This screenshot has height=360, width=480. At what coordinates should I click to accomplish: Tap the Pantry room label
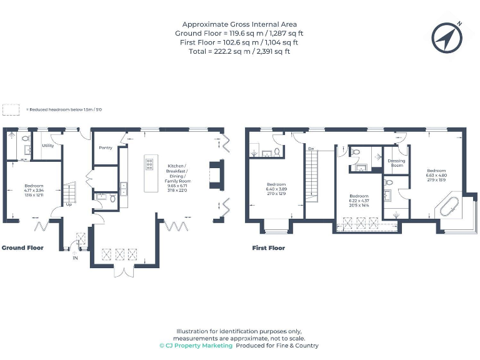(106, 147)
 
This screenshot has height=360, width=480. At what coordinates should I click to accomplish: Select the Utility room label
(47, 145)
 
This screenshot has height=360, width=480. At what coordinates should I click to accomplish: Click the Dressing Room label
(396, 162)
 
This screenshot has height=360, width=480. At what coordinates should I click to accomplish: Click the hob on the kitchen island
(150, 164)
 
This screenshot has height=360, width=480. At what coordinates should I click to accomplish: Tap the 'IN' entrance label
(75, 257)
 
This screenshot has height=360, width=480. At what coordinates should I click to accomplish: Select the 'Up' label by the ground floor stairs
(69, 204)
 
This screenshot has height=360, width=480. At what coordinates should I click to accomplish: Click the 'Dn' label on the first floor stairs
(310, 149)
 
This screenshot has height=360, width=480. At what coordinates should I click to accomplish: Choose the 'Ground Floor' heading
(22, 247)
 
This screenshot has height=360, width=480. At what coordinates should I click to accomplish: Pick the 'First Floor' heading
(268, 247)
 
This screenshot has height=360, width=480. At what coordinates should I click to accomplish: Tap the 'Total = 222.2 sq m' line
(239, 51)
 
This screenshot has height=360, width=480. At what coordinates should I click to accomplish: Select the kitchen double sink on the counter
(124, 188)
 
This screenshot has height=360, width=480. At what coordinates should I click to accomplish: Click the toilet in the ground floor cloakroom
(112, 199)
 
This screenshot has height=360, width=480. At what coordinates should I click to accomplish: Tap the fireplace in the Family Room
(215, 175)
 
